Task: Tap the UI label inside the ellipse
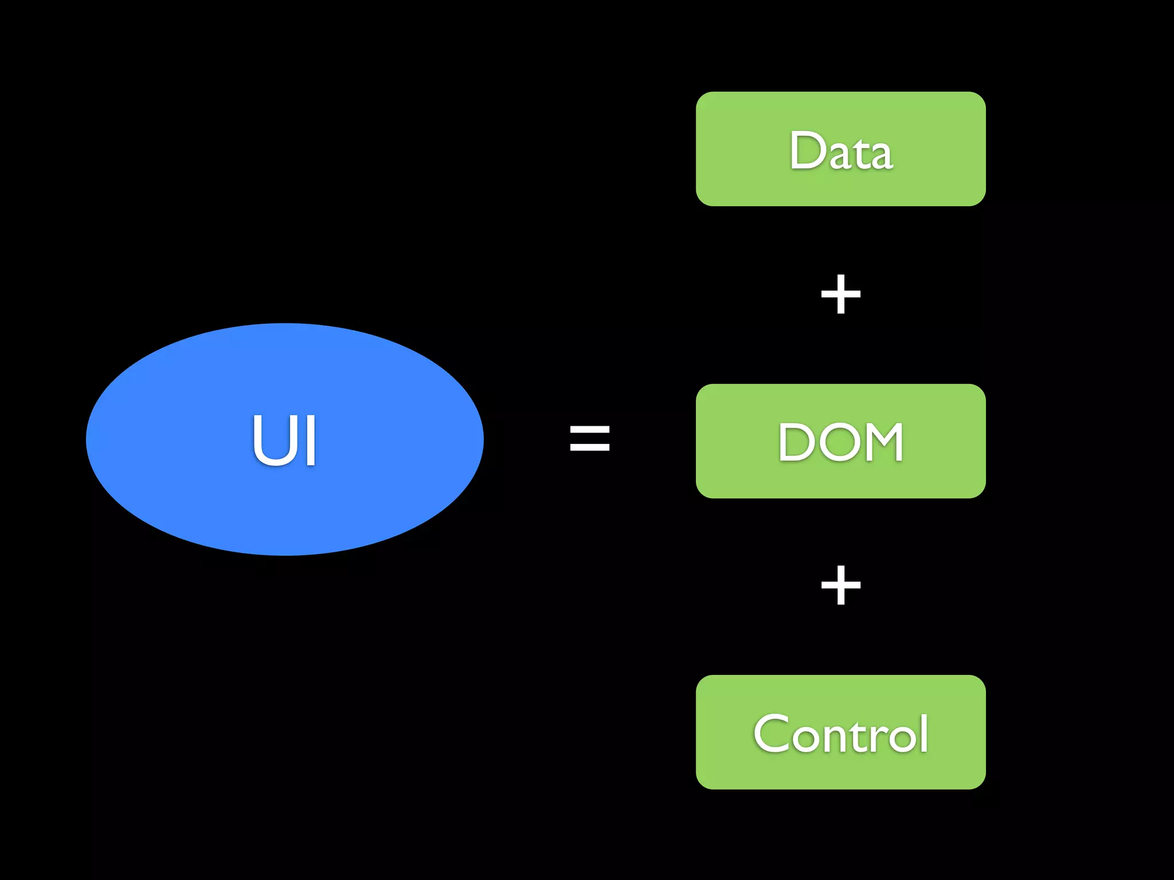[x=284, y=440]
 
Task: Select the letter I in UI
[x=311, y=440]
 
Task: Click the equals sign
[x=589, y=438]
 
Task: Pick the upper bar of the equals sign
[x=589, y=427]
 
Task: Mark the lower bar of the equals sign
[x=589, y=447]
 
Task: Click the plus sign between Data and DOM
[x=840, y=294]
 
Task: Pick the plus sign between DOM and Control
[x=840, y=585]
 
